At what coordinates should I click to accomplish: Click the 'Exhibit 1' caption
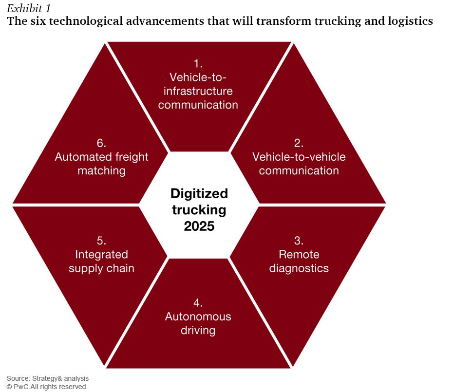pos(29,9)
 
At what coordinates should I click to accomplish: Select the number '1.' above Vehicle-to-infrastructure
pos(198,64)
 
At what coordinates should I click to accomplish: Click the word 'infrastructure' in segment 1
pos(198,91)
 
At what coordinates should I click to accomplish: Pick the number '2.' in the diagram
pos(299,143)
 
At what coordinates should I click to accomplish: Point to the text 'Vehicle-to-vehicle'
pos(299,157)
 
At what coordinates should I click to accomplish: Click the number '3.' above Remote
pos(299,241)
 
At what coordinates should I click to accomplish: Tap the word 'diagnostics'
pos(299,268)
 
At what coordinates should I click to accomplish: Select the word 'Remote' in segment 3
pos(299,255)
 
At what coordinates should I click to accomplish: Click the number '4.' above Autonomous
pos(198,303)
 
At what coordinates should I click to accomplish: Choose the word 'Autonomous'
pos(198,317)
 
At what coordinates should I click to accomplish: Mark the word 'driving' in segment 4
pos(198,331)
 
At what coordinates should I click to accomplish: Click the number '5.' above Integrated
pos(101,241)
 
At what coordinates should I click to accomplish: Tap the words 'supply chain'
pos(101,269)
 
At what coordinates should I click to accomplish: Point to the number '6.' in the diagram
pos(101,143)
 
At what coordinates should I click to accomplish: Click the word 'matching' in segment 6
pos(101,171)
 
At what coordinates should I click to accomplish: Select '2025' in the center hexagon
pos(199,226)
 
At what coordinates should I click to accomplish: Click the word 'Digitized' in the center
pos(199,193)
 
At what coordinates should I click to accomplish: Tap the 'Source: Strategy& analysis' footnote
pos(48,378)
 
